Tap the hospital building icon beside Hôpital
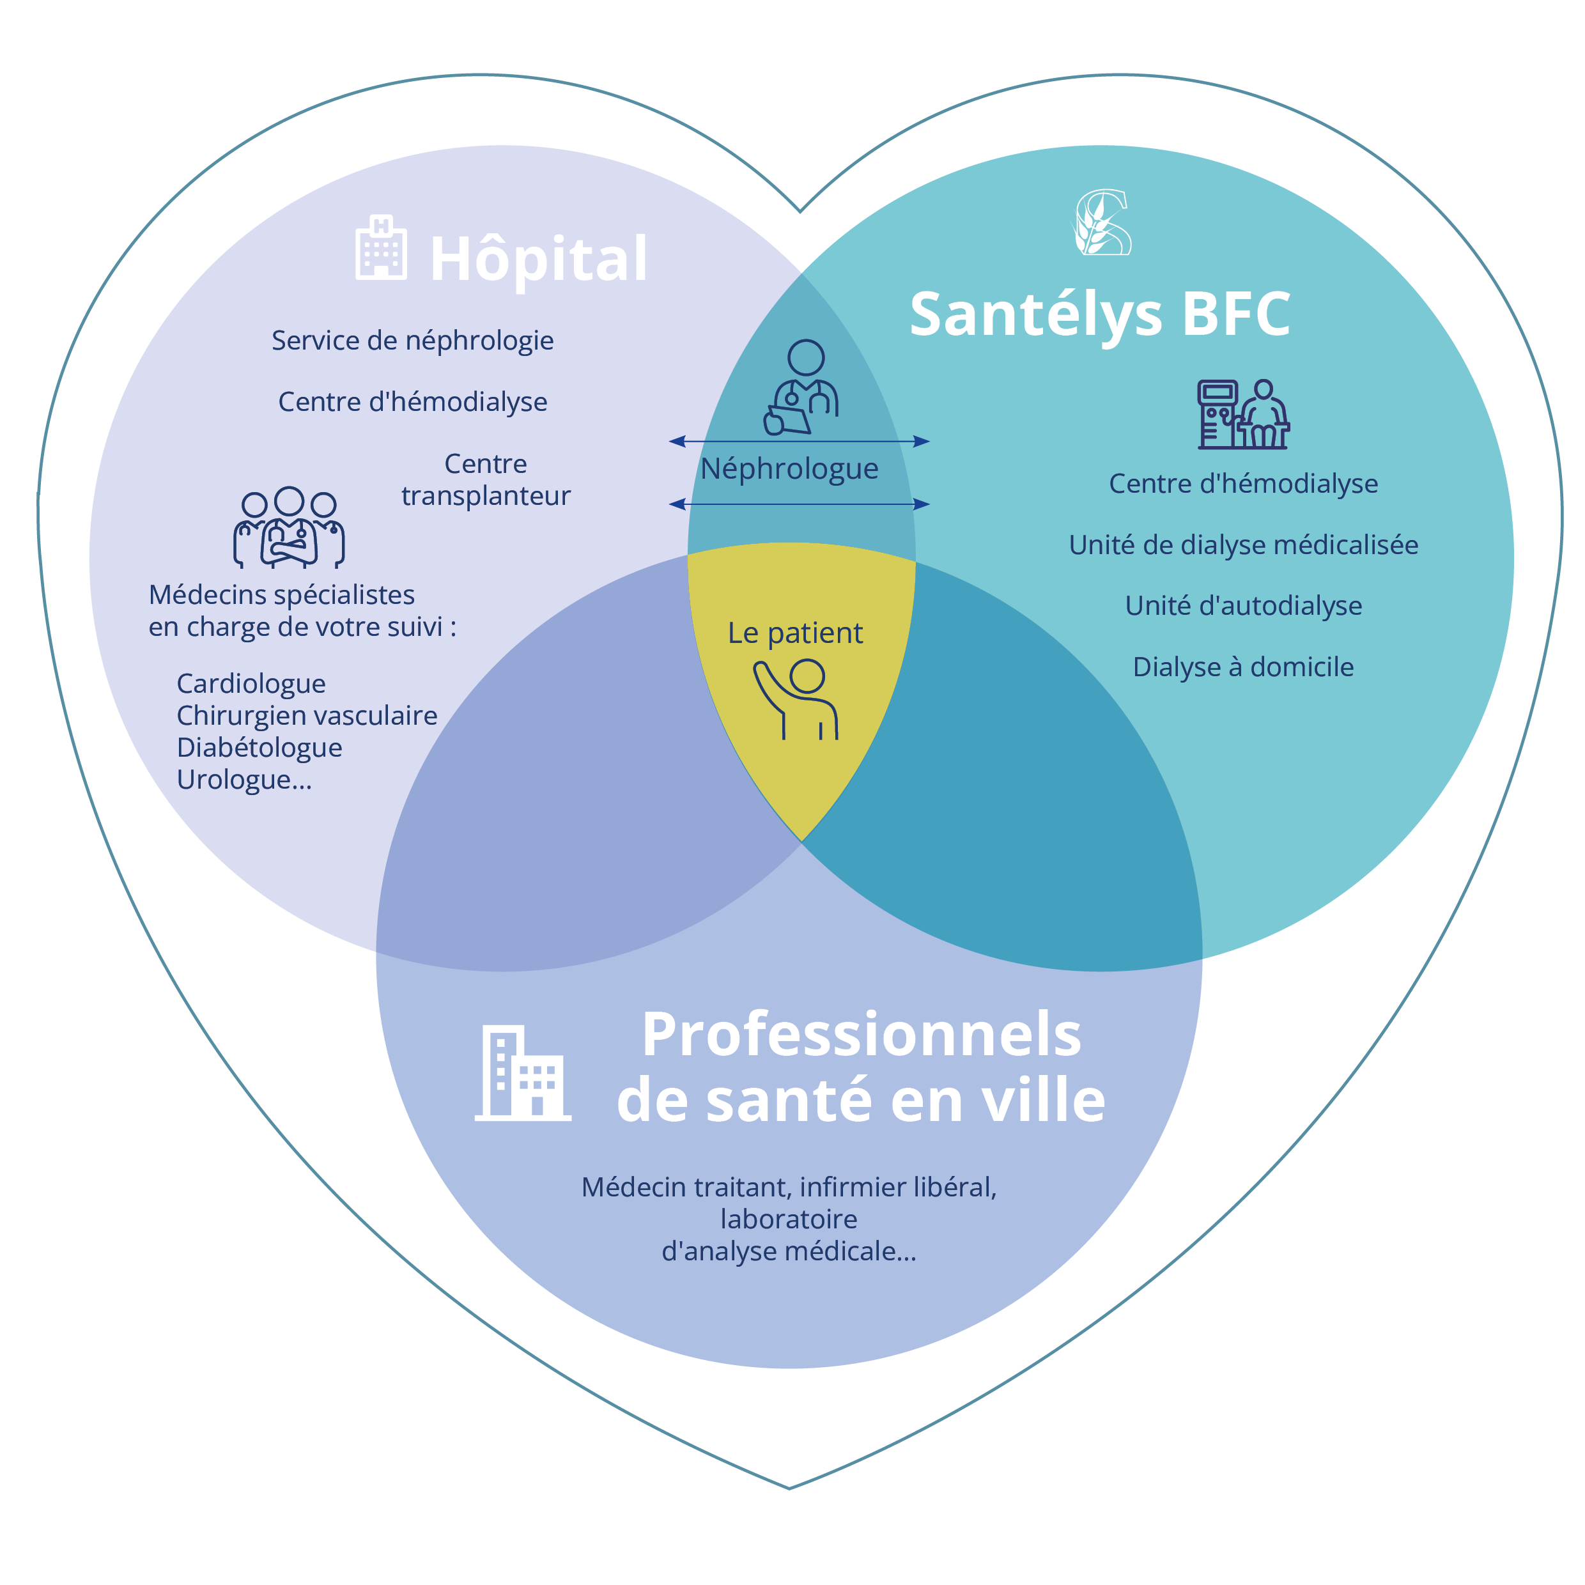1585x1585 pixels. [x=381, y=249]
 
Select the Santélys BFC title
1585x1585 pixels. [x=1099, y=314]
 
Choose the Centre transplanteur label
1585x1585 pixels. [x=486, y=480]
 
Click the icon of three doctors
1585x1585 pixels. [x=289, y=527]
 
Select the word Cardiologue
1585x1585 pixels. [x=251, y=683]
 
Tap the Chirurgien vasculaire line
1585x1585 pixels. [x=307, y=715]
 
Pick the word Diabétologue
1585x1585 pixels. [x=259, y=747]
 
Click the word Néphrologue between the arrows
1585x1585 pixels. [x=789, y=468]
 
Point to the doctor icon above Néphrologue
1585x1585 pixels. [x=801, y=387]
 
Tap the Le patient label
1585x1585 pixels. [x=795, y=633]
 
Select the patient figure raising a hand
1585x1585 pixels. [x=796, y=700]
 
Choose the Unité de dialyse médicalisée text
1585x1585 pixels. [x=1243, y=545]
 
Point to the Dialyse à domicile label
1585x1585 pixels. [x=1243, y=667]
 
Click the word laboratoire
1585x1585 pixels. [x=789, y=1219]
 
